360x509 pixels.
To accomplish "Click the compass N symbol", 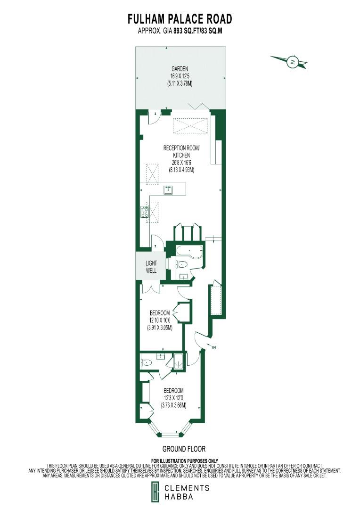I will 293,62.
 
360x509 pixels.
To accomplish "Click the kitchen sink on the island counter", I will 168,190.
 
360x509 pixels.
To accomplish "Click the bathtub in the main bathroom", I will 189,253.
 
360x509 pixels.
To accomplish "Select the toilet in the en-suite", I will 147,363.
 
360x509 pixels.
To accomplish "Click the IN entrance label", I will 215,348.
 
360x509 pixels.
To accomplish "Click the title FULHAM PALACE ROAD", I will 180,19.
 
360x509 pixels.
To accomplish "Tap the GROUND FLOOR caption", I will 184,449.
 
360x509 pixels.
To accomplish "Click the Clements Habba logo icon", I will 155,493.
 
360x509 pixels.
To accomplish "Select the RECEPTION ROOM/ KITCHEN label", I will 181,151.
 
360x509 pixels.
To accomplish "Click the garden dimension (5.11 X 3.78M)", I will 180,83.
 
